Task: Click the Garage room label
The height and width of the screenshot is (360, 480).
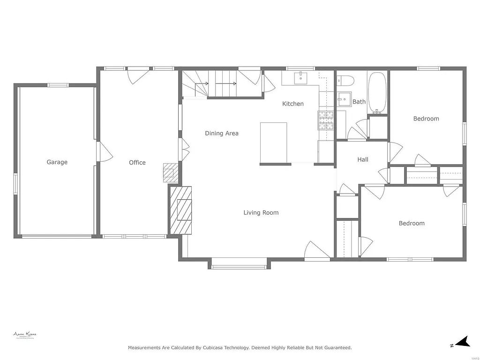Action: click(x=57, y=162)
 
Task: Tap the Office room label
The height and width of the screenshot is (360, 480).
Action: click(x=137, y=163)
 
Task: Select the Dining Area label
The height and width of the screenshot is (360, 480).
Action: click(x=221, y=133)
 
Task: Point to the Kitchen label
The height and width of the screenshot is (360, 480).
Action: click(x=292, y=104)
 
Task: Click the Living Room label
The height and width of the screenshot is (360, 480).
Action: click(x=261, y=213)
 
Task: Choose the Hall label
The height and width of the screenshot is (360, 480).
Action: click(x=362, y=159)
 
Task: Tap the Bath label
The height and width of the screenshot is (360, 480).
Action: click(x=359, y=102)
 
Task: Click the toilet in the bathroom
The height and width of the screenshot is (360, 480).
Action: click(x=346, y=80)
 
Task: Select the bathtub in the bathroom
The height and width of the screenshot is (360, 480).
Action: click(x=377, y=93)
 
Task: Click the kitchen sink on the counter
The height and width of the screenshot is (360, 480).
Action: click(x=300, y=78)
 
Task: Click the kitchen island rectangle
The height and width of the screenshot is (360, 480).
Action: click(x=273, y=142)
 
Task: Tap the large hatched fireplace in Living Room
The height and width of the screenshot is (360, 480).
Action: click(x=181, y=210)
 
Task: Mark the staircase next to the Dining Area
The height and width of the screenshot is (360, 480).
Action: click(x=220, y=84)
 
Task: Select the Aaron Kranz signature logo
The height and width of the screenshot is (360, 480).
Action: click(x=25, y=335)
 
